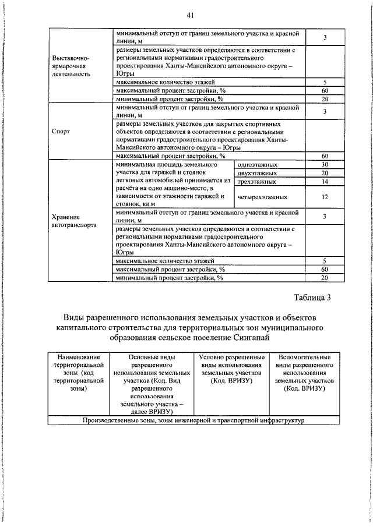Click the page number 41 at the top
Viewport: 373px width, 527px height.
click(x=191, y=15)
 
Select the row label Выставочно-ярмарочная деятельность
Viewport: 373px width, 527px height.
click(x=71, y=66)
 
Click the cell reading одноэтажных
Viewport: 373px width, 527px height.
click(x=256, y=165)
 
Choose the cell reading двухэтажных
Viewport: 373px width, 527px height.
click(x=256, y=174)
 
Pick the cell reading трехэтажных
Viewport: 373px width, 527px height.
click(x=256, y=182)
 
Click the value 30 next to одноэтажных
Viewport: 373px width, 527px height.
click(x=325, y=165)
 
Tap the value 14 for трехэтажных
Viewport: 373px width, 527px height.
click(x=325, y=182)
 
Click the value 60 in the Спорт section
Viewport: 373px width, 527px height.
click(x=325, y=156)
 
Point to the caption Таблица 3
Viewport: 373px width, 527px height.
click(x=312, y=298)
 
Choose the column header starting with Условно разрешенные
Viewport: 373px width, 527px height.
click(x=230, y=368)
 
